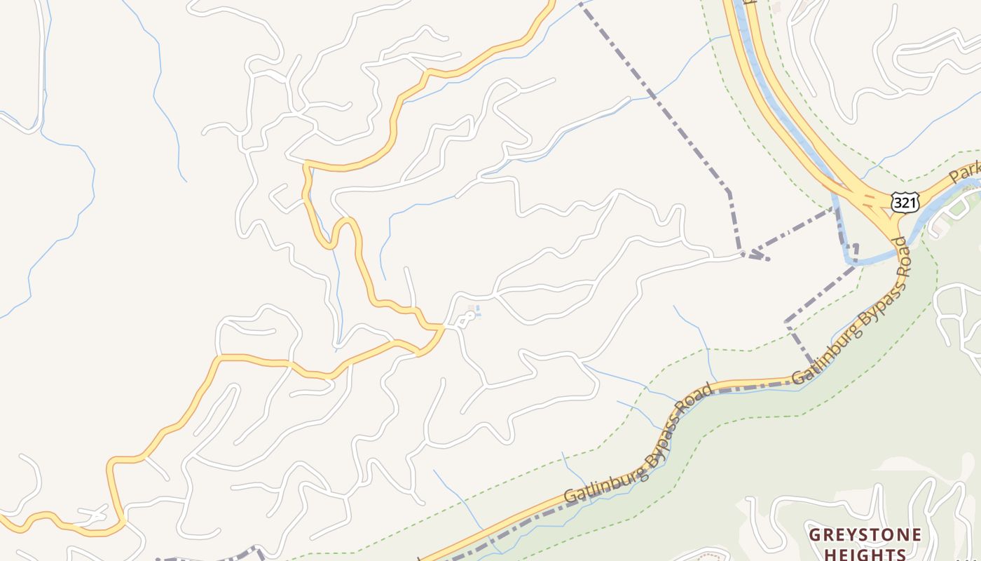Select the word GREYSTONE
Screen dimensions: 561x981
pos(865,535)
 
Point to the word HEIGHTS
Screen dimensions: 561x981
pos(865,554)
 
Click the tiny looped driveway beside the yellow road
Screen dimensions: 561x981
pos(465,319)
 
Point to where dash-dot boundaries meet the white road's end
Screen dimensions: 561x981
pos(743,254)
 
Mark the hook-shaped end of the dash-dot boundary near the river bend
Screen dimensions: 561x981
pos(855,248)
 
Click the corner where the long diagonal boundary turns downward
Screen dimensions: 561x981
pos(729,191)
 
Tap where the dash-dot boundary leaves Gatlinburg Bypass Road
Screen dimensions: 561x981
pos(813,365)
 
